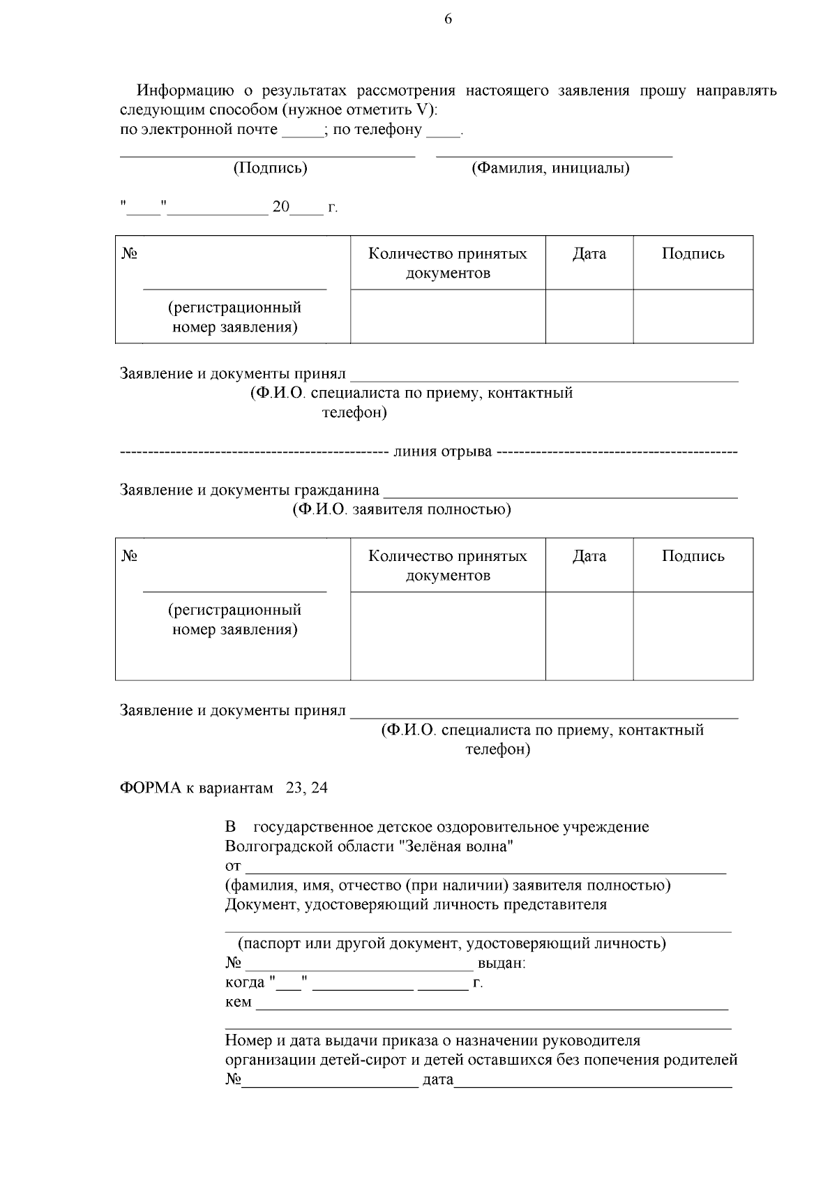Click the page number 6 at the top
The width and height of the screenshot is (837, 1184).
point(448,19)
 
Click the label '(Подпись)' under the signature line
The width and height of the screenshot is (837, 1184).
point(270,168)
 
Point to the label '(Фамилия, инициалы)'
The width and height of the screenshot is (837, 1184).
point(550,168)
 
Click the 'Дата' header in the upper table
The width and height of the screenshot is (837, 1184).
point(589,254)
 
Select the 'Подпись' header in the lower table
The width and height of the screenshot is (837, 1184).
point(693,556)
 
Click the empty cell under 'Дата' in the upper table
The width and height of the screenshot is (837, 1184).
point(589,316)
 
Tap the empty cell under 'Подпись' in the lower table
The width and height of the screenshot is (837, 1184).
point(693,636)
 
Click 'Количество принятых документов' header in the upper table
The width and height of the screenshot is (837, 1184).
point(448,263)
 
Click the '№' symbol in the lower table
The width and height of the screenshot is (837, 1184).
point(129,556)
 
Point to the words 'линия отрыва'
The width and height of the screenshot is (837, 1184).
point(443,451)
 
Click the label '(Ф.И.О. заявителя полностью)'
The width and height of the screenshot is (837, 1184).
point(401,509)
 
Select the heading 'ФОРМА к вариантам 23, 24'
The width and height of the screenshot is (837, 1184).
point(224,788)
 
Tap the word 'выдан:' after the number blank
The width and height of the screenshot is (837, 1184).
point(502,964)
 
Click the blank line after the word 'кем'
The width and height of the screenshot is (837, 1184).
point(492,1006)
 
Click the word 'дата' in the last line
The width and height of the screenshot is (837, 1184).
point(438,1080)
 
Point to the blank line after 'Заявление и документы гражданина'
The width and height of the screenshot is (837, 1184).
point(561,494)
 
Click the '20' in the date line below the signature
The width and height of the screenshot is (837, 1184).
point(280,207)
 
